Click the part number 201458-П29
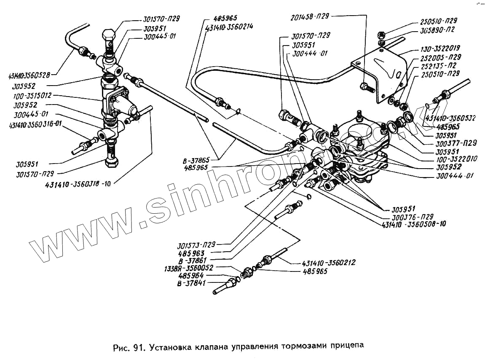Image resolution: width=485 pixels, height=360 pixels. (309, 16)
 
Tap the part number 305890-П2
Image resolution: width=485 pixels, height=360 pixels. (437, 30)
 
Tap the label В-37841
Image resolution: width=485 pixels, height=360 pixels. (192, 283)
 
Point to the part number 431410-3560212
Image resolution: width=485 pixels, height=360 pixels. (329, 263)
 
